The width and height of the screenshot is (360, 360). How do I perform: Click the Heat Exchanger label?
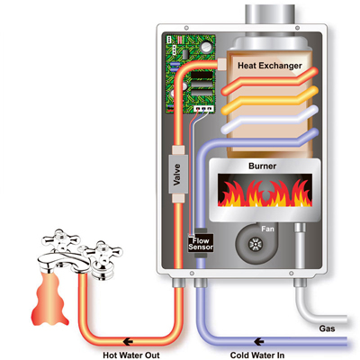click(270, 66)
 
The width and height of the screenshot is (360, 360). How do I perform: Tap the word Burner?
click(263, 166)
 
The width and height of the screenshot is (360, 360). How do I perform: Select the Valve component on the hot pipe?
click(178, 174)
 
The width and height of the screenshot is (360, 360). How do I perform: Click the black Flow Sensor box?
click(201, 243)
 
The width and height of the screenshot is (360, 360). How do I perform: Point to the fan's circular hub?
click(256, 245)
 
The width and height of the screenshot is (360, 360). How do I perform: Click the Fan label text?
click(267, 229)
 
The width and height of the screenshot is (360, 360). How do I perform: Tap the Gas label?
click(327, 328)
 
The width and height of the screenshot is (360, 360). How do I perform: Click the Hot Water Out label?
click(131, 355)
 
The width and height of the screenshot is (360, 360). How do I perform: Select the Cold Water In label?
click(257, 355)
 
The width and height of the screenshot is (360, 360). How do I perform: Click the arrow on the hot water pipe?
click(128, 341)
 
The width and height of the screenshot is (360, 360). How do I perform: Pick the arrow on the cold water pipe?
click(259, 341)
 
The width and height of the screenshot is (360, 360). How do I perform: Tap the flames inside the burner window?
click(265, 193)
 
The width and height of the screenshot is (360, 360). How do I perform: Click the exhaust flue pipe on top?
click(270, 14)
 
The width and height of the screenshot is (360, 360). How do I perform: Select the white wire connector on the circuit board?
click(203, 108)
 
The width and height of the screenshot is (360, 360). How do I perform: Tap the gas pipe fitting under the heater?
click(300, 283)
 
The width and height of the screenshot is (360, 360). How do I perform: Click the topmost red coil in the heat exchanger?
click(270, 81)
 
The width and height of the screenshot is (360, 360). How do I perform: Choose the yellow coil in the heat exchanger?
click(270, 101)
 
